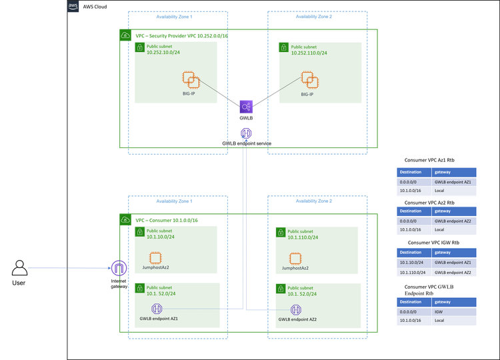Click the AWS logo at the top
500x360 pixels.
point(73,6)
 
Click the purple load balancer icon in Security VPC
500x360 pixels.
point(246,107)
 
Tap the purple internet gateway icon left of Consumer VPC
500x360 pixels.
point(119,268)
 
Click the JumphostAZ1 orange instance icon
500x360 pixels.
point(155,258)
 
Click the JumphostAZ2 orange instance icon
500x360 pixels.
point(295,258)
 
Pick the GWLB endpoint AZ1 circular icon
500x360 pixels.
point(157,309)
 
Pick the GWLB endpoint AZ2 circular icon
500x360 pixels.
point(295,309)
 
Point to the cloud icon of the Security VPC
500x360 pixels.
point(125,35)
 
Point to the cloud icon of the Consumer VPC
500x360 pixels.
point(125,219)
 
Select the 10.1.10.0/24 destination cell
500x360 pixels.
point(413,263)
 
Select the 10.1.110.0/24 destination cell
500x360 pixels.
point(413,273)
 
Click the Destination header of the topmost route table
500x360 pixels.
point(413,171)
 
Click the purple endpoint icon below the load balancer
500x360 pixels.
point(246,133)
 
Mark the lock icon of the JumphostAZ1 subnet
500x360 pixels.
point(140,232)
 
